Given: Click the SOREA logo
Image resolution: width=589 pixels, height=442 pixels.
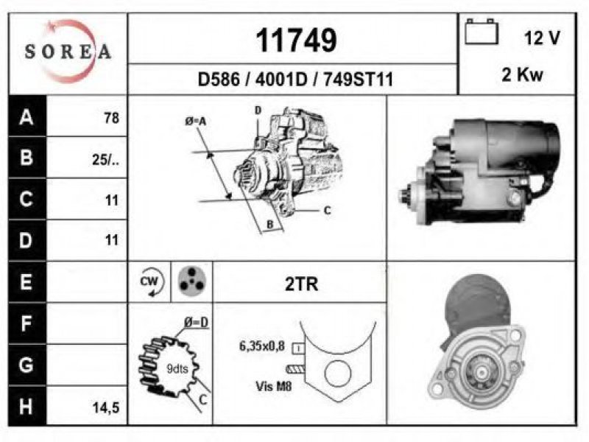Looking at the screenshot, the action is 68,52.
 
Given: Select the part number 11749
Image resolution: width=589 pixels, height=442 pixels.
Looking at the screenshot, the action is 296,40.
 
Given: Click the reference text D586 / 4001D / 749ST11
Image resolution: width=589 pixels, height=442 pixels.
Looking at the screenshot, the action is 296,80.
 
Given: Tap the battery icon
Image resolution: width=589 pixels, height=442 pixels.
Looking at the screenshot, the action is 482,32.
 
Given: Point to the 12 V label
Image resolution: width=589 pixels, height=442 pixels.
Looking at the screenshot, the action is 542,38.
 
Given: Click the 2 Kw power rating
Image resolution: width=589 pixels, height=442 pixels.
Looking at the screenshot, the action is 523,74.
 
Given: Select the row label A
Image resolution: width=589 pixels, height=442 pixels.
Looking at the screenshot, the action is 27,117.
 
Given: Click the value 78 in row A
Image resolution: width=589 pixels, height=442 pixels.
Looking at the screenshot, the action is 112,118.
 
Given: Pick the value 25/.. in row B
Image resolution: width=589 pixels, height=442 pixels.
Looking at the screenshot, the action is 105,160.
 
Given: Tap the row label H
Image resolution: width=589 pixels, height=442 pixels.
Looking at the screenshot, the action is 26,407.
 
